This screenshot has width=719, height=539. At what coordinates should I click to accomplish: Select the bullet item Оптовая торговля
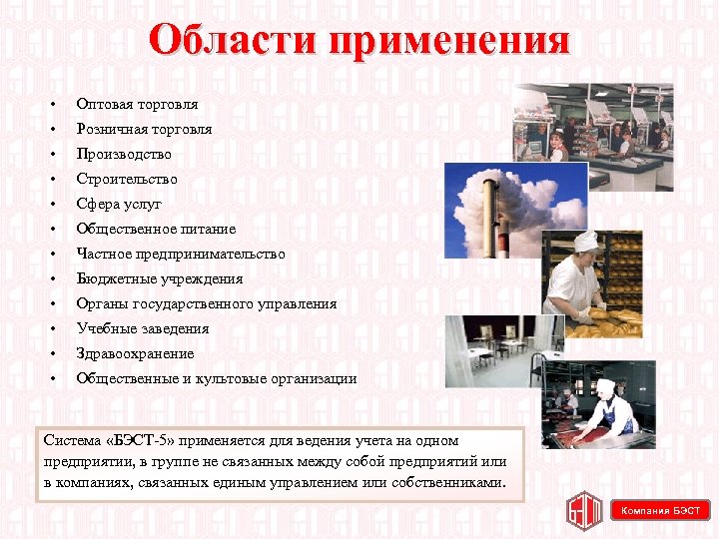tap(137, 104)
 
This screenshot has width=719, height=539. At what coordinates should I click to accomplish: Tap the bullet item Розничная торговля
tap(144, 129)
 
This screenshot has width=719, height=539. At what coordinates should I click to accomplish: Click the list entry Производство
tap(124, 154)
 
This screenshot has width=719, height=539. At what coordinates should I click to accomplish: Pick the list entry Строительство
tap(127, 179)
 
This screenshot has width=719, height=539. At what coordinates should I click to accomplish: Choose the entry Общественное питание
tap(156, 229)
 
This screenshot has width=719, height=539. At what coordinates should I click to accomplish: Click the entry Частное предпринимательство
tap(181, 254)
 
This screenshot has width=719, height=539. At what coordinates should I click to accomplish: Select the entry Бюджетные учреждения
tap(160, 278)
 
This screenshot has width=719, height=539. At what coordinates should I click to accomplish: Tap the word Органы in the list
tap(100, 303)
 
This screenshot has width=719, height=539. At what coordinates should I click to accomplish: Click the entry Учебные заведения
tap(143, 328)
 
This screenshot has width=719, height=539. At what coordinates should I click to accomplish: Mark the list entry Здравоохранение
tap(135, 353)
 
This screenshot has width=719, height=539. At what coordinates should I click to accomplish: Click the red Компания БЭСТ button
tap(660, 510)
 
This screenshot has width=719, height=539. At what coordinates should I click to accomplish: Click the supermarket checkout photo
tap(593, 124)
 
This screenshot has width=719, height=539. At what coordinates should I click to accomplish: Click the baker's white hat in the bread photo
tap(586, 241)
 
